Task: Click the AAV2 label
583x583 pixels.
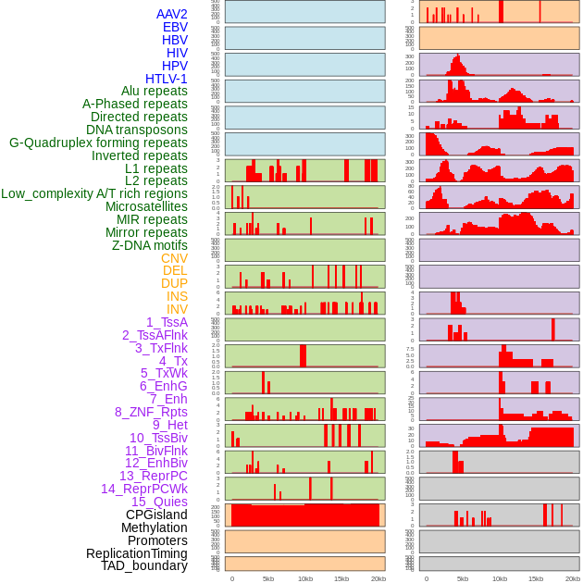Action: (171, 15)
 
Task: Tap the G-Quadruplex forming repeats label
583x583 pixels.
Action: (98, 143)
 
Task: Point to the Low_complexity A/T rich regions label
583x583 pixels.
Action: (94, 193)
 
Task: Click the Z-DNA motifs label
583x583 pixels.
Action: (149, 245)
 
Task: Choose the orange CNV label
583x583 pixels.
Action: (174, 258)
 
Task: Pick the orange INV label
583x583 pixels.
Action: (176, 309)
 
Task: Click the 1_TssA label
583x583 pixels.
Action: (167, 322)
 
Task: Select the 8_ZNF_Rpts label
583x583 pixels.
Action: (151, 412)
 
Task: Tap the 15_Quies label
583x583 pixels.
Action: (159, 502)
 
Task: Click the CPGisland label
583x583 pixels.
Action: (156, 515)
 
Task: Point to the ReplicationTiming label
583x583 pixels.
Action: (136, 553)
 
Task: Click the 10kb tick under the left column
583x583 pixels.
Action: (305, 578)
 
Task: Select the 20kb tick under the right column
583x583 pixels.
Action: (573, 578)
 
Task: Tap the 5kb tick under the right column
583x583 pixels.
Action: (463, 578)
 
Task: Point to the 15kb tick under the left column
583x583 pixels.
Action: (341, 578)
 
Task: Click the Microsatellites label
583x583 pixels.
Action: (146, 206)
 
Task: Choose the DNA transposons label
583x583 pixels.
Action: (137, 130)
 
